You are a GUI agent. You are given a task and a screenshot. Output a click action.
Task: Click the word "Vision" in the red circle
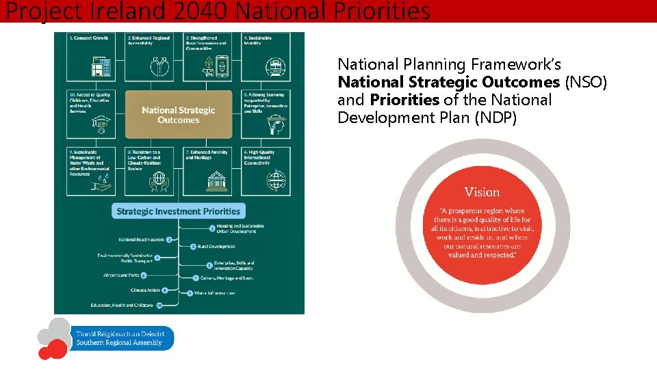482,192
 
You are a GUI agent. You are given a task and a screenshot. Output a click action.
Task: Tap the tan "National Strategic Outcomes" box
178,115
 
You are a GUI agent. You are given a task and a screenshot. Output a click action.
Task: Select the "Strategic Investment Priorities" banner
178,211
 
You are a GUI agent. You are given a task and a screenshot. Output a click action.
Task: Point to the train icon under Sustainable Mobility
274,66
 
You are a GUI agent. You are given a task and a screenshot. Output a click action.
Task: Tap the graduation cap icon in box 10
101,123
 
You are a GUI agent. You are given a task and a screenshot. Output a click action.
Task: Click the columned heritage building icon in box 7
217,180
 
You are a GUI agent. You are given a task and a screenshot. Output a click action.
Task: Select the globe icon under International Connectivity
274,180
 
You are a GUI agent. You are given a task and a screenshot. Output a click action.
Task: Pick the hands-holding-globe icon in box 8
159,180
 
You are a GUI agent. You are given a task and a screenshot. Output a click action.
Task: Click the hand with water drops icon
101,182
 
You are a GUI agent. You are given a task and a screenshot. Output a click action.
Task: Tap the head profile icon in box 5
274,123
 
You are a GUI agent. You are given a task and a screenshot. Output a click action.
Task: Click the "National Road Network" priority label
142,240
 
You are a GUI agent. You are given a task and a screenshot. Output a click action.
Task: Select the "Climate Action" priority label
145,290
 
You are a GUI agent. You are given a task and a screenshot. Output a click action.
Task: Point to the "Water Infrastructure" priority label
215,293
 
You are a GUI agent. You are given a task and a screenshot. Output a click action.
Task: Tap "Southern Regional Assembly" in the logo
119,342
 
